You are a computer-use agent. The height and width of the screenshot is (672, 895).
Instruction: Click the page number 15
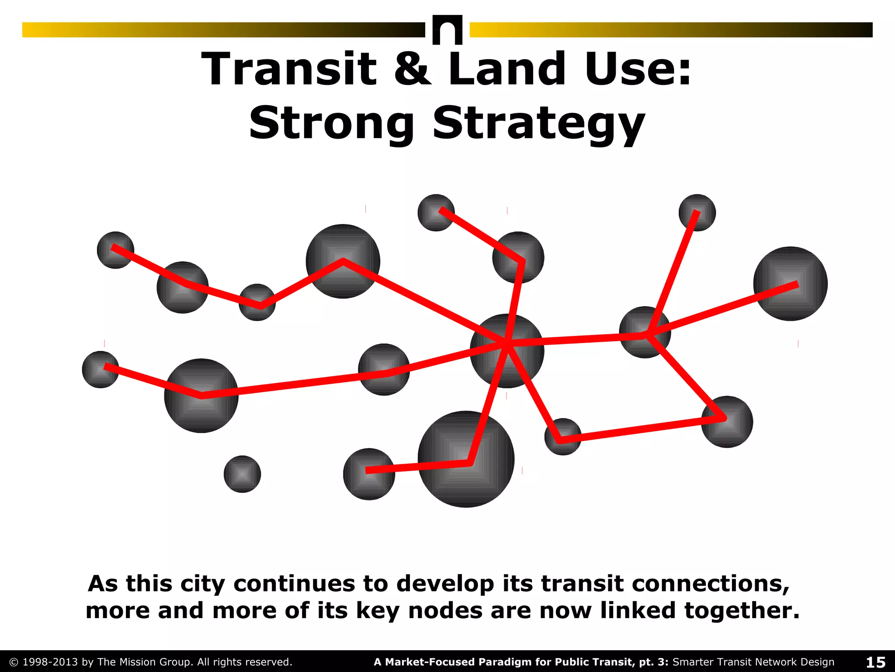(x=875, y=662)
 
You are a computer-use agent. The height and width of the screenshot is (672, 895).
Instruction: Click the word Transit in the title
(x=289, y=69)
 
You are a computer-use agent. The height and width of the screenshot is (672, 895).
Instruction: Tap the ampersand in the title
(x=412, y=69)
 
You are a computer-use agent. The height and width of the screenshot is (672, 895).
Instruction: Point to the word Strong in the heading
(x=331, y=123)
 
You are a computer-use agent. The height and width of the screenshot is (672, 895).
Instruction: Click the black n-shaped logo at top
(x=447, y=30)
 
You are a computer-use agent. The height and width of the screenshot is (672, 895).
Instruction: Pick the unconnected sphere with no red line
(x=242, y=474)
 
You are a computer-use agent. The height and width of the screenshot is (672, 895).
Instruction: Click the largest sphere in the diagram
(x=466, y=459)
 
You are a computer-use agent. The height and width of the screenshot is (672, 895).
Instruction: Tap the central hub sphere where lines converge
(x=507, y=350)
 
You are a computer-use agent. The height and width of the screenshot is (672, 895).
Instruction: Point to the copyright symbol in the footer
(x=14, y=662)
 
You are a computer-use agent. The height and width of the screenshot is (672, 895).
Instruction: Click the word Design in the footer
(x=815, y=662)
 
